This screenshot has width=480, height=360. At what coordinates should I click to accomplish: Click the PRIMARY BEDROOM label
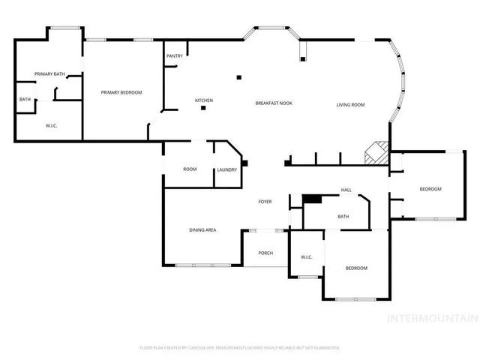tap(121, 92)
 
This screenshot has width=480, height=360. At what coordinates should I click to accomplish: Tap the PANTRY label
tap(175, 55)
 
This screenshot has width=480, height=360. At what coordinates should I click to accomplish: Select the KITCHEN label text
tap(204, 100)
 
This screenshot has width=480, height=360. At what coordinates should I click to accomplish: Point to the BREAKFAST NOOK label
tap(274, 103)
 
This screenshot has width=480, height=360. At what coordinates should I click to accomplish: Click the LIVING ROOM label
tap(350, 104)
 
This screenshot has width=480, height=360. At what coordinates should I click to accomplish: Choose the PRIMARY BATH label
tap(49, 73)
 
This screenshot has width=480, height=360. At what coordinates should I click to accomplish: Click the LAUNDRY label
tap(227, 169)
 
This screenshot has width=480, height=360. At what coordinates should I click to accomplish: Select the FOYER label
tap(265, 202)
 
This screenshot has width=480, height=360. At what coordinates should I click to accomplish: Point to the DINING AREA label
tap(202, 229)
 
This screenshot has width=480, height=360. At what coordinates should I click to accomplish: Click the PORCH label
tap(265, 253)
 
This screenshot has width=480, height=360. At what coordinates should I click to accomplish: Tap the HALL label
tap(346, 190)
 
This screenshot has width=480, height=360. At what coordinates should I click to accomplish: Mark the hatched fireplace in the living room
tap(376, 154)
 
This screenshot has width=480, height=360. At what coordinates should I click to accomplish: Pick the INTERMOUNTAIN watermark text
tap(431, 318)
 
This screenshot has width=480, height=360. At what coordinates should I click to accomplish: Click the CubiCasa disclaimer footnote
tap(240, 348)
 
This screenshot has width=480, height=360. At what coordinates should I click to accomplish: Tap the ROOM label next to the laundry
tap(190, 169)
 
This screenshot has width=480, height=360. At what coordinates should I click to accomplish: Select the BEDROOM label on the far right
tap(430, 189)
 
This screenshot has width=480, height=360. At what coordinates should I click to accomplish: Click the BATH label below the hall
tap(343, 217)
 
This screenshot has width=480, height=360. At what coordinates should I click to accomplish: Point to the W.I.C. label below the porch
tap(307, 257)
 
